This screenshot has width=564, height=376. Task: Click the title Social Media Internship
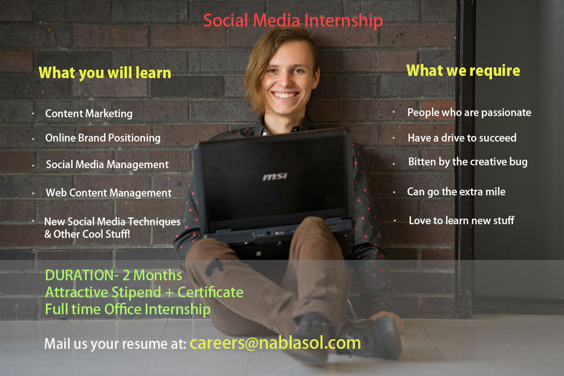293,21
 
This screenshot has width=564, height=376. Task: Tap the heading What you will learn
105,73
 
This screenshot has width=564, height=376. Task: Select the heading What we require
463,71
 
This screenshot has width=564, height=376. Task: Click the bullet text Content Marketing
89,113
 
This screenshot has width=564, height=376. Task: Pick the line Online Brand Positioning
103,138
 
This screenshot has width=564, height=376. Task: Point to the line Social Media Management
107,165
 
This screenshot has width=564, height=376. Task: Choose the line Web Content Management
108,193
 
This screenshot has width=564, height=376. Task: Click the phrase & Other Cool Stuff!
87,233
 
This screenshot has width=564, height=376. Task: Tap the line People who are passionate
469,112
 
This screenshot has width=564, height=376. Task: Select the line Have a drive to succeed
462,138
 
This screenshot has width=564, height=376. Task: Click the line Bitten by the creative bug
468,162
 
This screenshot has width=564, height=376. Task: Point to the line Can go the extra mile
456,191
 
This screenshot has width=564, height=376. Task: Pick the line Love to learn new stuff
461,220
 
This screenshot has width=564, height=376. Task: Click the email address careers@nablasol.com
275,343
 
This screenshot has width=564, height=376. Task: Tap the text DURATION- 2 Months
113,276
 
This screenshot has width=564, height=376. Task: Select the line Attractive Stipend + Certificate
144,293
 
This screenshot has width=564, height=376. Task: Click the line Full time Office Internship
128,310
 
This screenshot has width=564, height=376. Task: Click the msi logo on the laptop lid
275,177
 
